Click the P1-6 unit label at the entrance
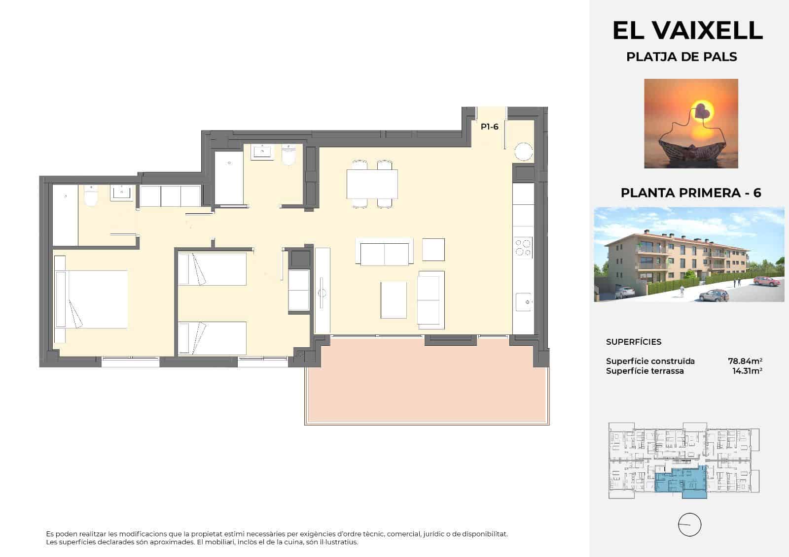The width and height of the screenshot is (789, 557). (489, 127)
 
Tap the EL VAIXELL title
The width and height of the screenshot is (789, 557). (687, 31)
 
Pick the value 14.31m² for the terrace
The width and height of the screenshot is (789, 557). (747, 371)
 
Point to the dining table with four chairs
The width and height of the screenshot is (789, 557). (372, 184)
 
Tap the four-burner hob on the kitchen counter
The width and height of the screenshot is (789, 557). (523, 248)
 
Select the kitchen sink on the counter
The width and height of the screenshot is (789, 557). (523, 300)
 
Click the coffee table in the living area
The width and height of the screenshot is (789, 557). (394, 299)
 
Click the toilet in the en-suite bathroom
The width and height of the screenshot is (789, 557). (91, 197)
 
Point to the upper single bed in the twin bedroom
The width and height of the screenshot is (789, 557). (212, 269)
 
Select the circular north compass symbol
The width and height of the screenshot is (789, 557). (689, 524)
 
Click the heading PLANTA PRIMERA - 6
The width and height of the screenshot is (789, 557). (690, 193)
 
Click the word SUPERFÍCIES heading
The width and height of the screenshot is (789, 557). (633, 342)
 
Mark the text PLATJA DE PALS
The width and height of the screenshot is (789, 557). (681, 57)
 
